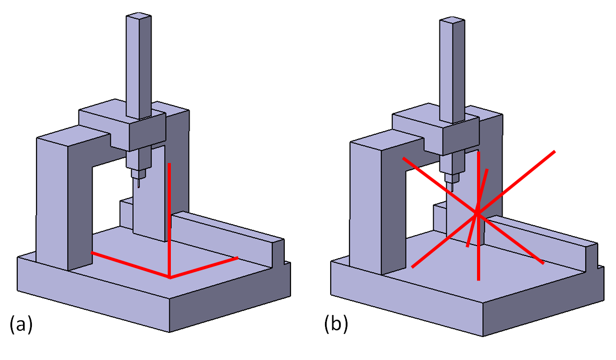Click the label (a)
click(x=21, y=325)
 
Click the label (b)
click(x=335, y=325)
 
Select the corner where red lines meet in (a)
click(x=170, y=277)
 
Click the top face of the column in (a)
click(x=138, y=17)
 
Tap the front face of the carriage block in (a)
click(x=146, y=135)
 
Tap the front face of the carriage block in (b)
click(x=460, y=139)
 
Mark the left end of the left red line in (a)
click(x=92, y=253)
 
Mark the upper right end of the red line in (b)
click(x=554, y=152)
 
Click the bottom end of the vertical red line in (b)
click(x=478, y=279)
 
